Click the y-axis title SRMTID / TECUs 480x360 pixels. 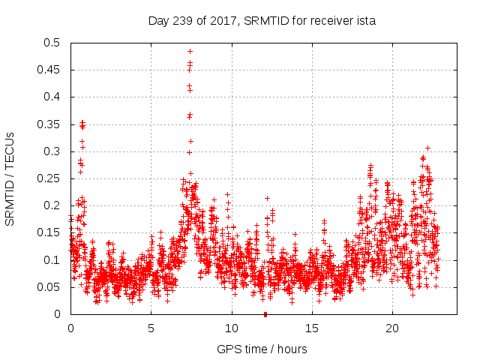coord(10,178)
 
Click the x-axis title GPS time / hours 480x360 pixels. coord(262,349)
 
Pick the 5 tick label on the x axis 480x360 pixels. coord(151,328)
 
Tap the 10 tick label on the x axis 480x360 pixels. coord(232,328)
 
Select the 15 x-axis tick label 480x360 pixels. coord(312,328)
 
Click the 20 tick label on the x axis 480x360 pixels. coord(392,328)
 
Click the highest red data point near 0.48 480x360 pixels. coord(190,52)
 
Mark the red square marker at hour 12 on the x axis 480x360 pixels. coord(265,314)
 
